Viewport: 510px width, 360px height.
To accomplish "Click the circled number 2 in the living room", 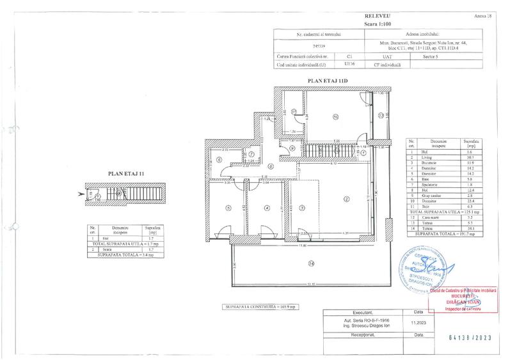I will tap(345, 199).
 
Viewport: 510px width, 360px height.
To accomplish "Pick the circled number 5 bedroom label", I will tap(228, 207).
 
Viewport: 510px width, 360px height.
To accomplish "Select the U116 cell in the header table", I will tap(349, 64).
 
